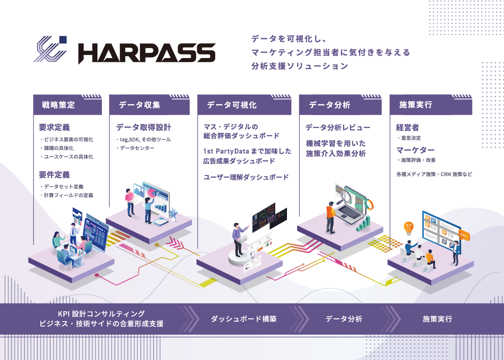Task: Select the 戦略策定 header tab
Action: pos(59,105)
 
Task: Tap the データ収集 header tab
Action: pos(140,105)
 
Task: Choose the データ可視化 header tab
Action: pos(231,105)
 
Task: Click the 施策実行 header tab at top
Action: pos(416,105)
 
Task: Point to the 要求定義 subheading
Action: pos(54,128)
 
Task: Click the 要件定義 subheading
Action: pos(54,175)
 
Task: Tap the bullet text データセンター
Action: pos(137,148)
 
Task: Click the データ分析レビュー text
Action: pos(338,128)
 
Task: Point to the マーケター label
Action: pos(415,150)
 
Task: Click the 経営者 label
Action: pos(408,128)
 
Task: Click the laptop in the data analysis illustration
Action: pos(350,211)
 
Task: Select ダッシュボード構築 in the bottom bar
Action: pos(244,319)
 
